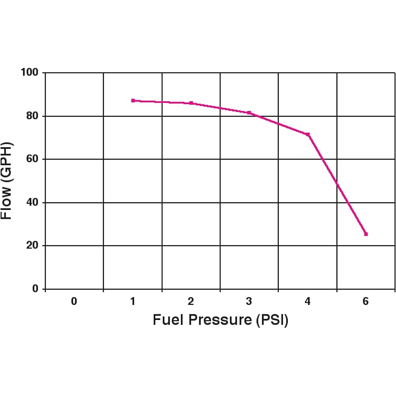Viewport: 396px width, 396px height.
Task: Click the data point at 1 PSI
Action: coord(133,101)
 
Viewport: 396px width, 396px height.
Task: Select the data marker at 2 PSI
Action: coord(191,103)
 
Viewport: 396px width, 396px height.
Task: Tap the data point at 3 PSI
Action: coord(249,113)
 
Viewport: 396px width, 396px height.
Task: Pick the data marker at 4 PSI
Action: coord(308,135)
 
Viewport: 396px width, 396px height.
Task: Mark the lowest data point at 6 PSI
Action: coord(366,234)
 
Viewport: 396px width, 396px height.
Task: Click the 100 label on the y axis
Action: coord(29,73)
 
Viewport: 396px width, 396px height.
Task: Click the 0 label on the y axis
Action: coord(35,289)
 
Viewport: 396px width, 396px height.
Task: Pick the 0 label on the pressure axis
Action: coord(74,302)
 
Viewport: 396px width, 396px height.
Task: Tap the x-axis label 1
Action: coord(133,302)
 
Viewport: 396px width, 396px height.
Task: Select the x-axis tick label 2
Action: coord(191,302)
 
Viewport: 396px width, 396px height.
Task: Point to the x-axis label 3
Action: coord(249,302)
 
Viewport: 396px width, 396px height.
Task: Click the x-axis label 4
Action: coord(308,302)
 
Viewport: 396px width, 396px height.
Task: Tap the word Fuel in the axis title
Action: coord(168,320)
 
